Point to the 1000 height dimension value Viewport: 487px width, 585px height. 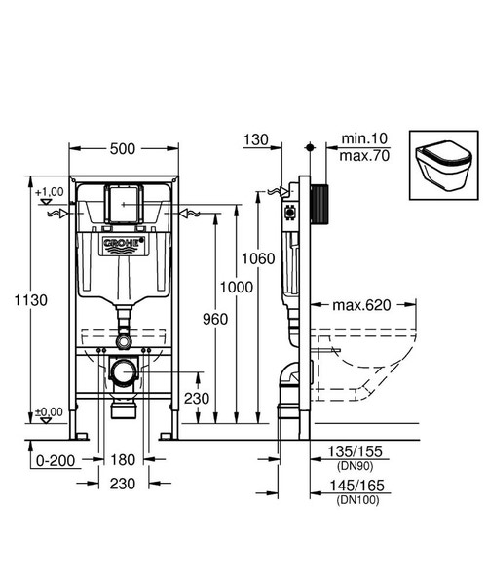pos(237,287)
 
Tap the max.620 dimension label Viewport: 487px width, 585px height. pos(360,305)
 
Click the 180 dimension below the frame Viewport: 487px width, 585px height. pos(123,459)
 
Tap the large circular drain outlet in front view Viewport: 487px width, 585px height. pos(123,372)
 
